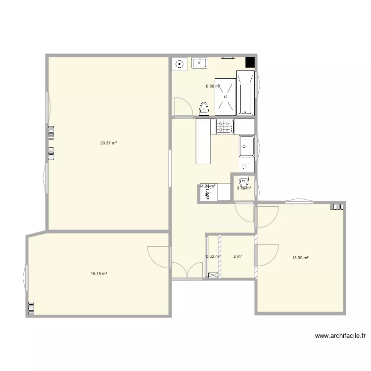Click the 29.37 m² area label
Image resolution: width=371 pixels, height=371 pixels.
click(x=108, y=143)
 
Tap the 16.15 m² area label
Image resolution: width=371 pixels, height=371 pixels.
click(x=99, y=274)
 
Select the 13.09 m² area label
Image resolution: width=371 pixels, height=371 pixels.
click(x=300, y=258)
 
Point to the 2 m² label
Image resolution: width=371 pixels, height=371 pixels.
click(x=237, y=256)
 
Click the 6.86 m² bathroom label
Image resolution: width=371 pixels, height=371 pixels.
click(x=213, y=86)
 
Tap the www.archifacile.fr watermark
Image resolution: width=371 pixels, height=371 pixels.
click(x=340, y=336)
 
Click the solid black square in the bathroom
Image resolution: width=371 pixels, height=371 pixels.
click(x=250, y=62)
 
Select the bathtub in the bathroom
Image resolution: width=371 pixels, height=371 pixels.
click(x=245, y=93)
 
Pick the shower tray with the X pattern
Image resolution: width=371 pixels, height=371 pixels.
click(x=226, y=97)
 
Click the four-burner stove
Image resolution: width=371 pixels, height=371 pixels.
click(x=225, y=127)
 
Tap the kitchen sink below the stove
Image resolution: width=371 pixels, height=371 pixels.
click(x=247, y=146)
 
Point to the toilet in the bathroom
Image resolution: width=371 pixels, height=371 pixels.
click(x=204, y=108)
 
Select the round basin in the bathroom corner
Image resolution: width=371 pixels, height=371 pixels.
click(x=179, y=64)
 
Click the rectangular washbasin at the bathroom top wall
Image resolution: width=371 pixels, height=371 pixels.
click(x=200, y=63)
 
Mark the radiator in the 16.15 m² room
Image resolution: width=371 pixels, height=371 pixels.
click(x=32, y=308)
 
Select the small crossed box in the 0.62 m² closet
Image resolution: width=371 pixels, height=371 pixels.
click(x=213, y=275)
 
